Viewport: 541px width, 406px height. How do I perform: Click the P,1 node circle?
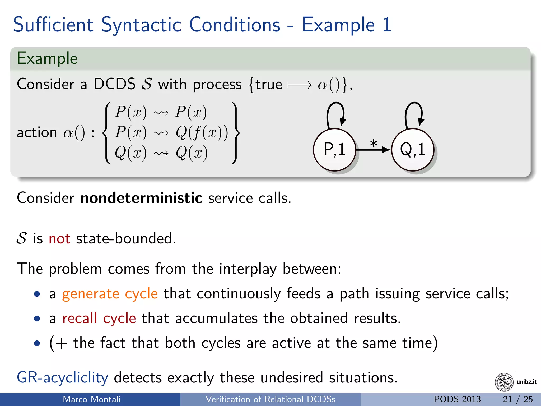[334, 150]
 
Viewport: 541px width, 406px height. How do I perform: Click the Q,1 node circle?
[413, 150]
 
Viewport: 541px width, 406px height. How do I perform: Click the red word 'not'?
[59, 238]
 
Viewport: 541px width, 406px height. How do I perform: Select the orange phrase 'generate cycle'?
[110, 293]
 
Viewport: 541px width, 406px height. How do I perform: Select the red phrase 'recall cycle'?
[99, 318]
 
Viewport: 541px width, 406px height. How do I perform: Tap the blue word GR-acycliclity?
[62, 377]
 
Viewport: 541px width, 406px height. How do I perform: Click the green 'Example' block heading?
[47, 58]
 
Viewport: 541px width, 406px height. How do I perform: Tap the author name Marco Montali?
[92, 399]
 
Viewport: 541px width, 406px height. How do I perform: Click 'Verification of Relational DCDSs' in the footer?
[270, 399]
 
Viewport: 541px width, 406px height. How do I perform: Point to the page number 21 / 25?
[518, 399]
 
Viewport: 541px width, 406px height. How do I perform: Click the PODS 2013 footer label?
[457, 399]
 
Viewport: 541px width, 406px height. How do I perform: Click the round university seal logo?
[504, 382]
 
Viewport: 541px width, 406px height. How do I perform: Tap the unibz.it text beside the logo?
[526, 382]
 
